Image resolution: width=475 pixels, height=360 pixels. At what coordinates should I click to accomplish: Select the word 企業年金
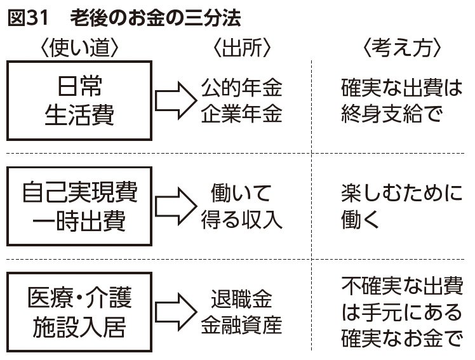(241, 114)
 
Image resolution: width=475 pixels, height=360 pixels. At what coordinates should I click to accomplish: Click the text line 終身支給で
(391, 115)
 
